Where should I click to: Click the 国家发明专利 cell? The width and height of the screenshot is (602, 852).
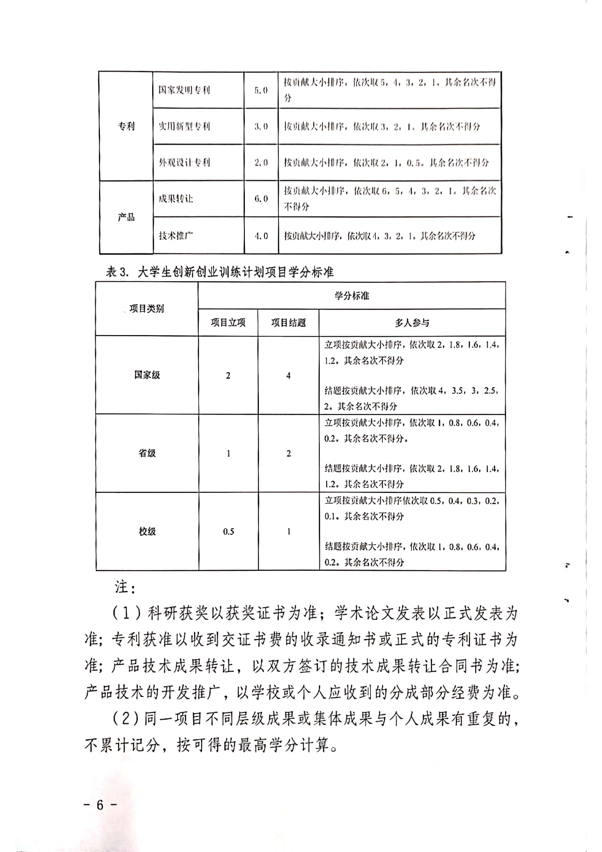click(x=184, y=90)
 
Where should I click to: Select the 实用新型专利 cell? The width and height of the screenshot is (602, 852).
click(x=184, y=126)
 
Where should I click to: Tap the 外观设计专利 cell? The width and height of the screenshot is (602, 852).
click(x=184, y=163)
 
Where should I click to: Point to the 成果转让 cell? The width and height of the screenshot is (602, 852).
click(x=176, y=198)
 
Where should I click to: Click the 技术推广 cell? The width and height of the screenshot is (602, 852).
click(x=176, y=236)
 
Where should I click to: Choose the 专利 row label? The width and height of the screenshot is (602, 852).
click(x=126, y=126)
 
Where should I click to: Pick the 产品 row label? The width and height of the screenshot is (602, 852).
click(x=126, y=217)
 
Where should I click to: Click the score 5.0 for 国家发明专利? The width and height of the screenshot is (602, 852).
click(x=261, y=90)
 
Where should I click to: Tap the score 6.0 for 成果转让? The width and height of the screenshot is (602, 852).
click(x=261, y=198)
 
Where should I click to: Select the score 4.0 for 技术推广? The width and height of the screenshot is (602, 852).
click(x=261, y=236)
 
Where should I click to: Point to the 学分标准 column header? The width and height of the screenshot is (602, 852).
click(x=351, y=296)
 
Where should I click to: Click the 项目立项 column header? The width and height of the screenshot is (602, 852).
click(x=228, y=323)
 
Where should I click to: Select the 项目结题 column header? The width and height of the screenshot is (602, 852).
click(x=288, y=323)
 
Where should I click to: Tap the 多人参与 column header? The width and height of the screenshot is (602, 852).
click(x=412, y=323)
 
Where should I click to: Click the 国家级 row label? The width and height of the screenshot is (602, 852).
click(x=147, y=375)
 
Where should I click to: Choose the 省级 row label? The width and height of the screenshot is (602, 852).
click(x=147, y=453)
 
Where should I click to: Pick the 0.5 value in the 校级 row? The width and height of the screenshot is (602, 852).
click(x=229, y=531)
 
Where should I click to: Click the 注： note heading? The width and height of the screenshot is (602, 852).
click(x=125, y=587)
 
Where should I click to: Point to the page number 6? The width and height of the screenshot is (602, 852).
click(x=100, y=805)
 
